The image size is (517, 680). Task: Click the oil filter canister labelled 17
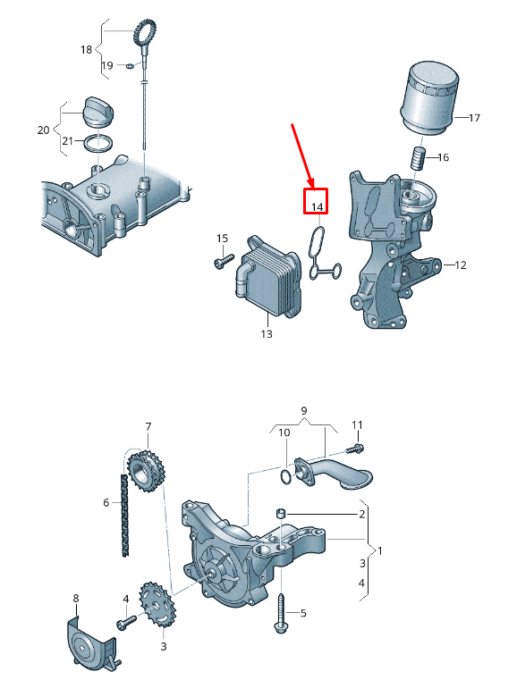[x=428, y=97]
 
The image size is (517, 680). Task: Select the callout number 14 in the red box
[x=318, y=207]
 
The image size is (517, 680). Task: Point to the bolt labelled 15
[x=224, y=261]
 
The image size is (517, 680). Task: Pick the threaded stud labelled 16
[x=418, y=159]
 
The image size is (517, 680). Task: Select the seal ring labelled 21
[x=98, y=144]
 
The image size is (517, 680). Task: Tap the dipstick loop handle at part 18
[x=144, y=32]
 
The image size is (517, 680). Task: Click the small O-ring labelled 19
[x=130, y=66]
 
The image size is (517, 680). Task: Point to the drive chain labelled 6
[x=125, y=516]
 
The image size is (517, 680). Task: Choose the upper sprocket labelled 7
[x=147, y=473]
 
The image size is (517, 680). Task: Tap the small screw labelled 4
[x=126, y=621]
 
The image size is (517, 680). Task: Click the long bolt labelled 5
[x=281, y=614]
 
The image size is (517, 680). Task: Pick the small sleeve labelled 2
[x=281, y=513]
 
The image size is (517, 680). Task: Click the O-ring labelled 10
[x=285, y=475]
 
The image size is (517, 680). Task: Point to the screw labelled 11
[x=355, y=449]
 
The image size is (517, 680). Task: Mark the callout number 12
[x=460, y=264]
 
